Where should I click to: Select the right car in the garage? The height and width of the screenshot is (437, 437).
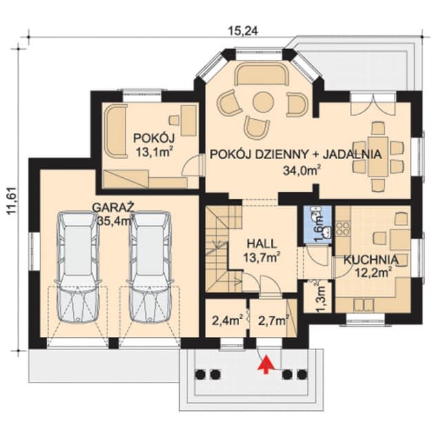[x=150, y=266]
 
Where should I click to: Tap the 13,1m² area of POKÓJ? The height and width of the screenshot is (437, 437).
[x=151, y=152]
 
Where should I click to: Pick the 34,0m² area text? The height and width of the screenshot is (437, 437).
[x=301, y=170]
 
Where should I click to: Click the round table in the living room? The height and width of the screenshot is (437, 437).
[x=263, y=103]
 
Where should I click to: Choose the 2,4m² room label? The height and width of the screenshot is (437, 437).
[x=225, y=320]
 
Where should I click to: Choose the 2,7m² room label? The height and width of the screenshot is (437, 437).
[x=272, y=320]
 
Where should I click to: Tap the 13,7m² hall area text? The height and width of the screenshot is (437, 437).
[x=263, y=258]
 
